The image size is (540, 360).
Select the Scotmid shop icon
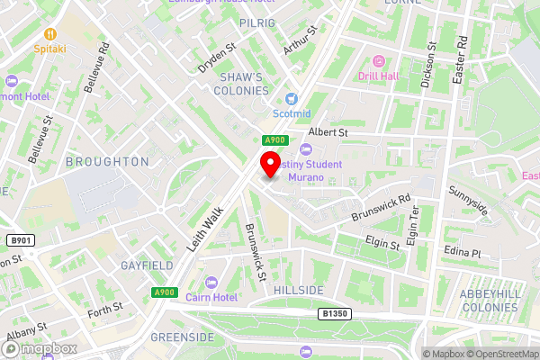[x=291, y=98]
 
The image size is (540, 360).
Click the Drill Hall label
[x=379, y=76]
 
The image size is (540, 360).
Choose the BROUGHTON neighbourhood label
[x=108, y=162]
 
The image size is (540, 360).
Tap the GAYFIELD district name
[x=147, y=266]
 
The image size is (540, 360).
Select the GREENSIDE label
[x=182, y=337]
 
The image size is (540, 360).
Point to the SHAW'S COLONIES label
[x=244, y=84]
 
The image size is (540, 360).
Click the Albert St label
[x=328, y=131]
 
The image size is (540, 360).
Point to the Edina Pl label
[x=463, y=254]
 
